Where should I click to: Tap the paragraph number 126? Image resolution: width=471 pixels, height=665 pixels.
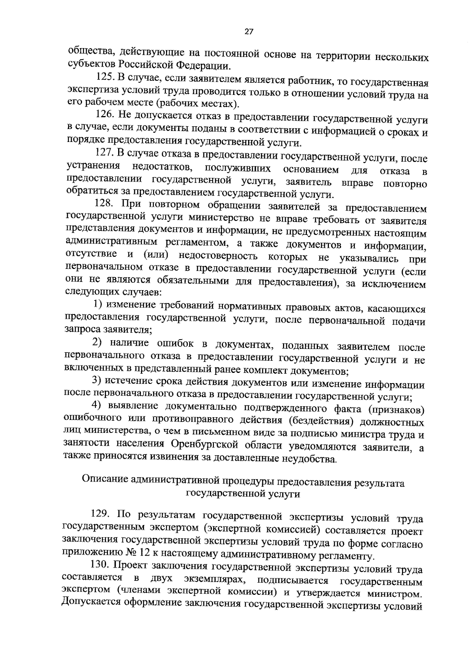(x=105, y=116)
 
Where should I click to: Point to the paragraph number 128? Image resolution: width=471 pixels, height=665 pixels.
(x=104, y=204)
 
